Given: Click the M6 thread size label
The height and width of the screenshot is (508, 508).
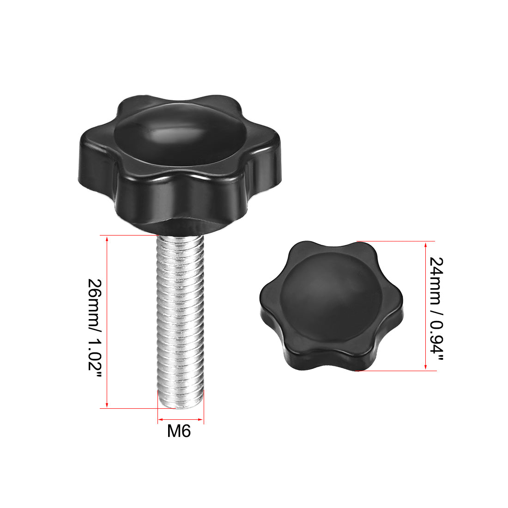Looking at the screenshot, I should pos(179,432).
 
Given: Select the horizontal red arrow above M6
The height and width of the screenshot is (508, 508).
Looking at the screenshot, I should pos(180,420).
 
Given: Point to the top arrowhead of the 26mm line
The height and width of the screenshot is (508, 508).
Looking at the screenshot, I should pos(107,239).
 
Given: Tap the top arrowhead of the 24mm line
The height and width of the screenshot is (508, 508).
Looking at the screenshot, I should pos(425,244).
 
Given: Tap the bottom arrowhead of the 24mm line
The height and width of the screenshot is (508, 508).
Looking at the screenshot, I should pos(425,368).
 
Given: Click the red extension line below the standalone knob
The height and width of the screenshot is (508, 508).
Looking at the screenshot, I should pos(397,371).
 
